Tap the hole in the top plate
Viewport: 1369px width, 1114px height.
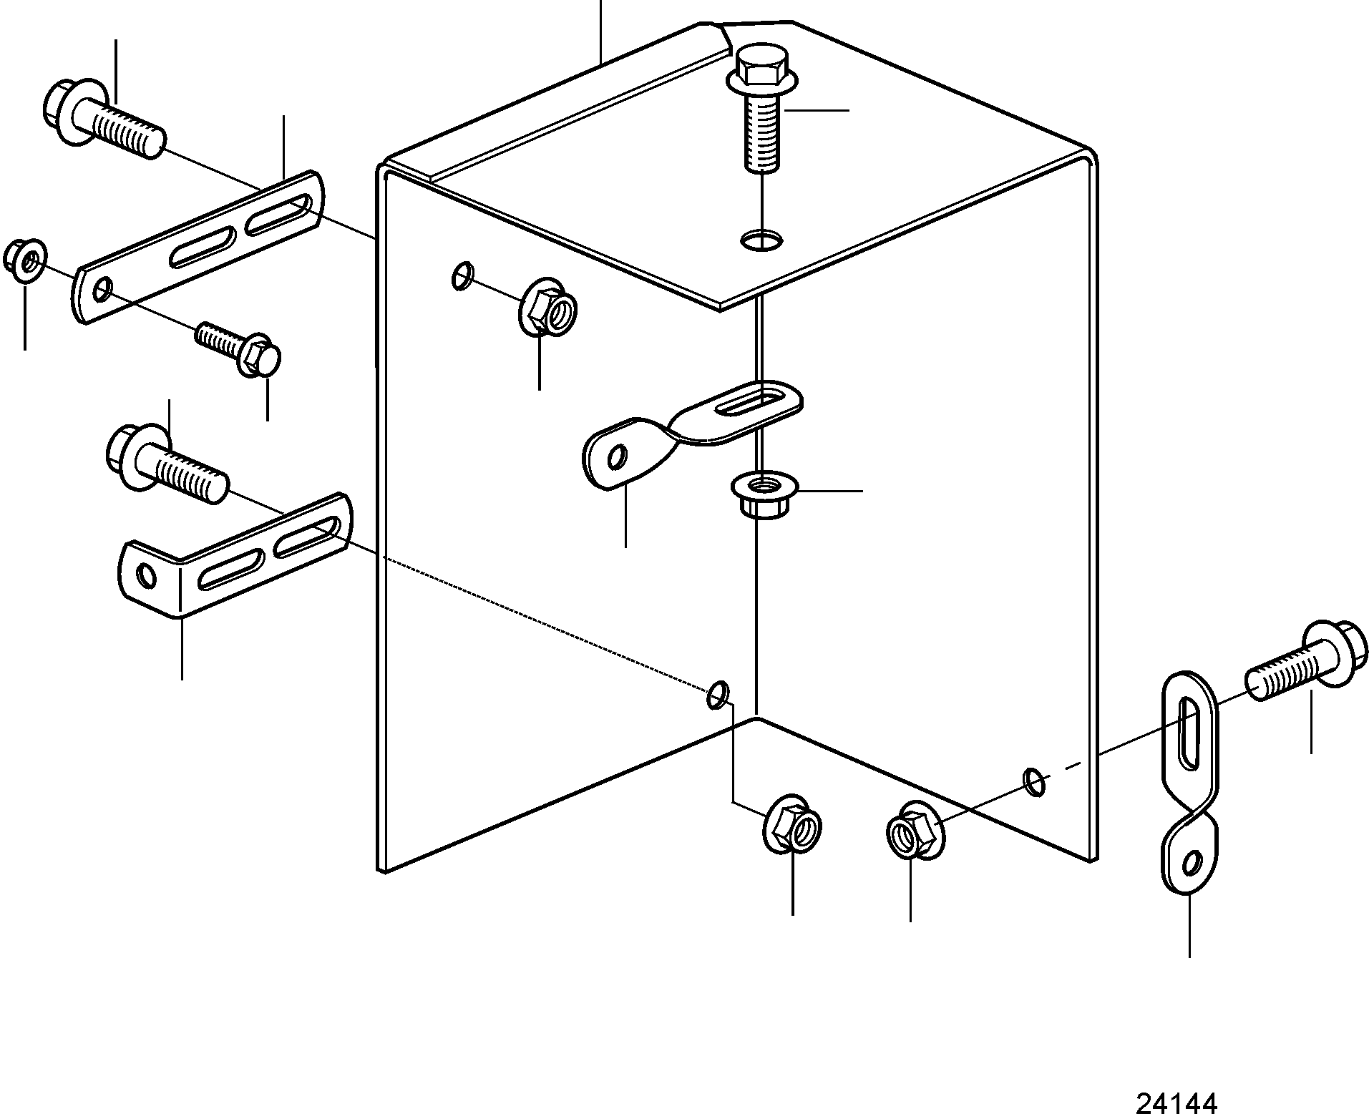tap(762, 240)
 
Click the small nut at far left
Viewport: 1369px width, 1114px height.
tap(26, 260)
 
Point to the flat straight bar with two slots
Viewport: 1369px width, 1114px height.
tap(198, 247)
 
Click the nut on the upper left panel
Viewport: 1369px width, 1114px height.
tap(547, 309)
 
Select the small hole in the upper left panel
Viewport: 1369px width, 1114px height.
tap(462, 275)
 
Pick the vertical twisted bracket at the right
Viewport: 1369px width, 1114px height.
tap(1189, 782)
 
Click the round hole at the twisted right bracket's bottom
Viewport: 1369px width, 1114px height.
tap(1192, 864)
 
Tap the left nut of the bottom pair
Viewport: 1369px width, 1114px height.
tap(793, 824)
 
